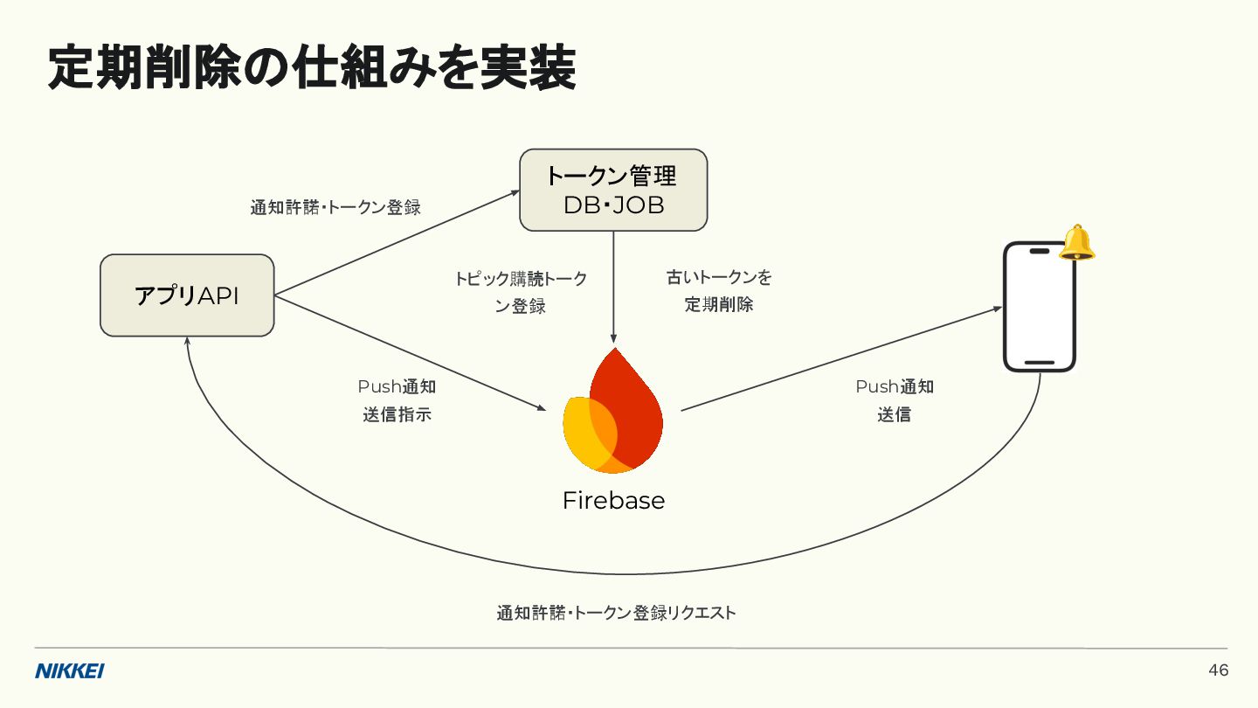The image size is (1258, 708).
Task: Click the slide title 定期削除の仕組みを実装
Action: (312, 67)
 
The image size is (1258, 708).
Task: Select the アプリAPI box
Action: (187, 295)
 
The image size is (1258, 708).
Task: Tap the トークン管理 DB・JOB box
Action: (612, 190)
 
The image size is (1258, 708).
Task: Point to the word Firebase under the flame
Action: (613, 501)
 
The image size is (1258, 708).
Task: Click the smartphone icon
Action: (1039, 307)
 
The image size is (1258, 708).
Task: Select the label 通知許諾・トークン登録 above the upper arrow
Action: (335, 208)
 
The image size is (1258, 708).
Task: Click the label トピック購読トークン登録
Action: (521, 292)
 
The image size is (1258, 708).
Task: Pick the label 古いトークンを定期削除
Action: (719, 291)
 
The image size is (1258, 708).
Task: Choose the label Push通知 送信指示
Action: (397, 400)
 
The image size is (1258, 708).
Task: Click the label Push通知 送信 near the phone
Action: (895, 400)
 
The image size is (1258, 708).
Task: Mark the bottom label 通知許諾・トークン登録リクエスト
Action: (616, 613)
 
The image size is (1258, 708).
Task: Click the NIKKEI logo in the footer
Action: (70, 671)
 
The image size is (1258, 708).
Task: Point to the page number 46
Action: (1218, 670)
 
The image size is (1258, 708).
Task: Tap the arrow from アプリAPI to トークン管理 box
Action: (393, 245)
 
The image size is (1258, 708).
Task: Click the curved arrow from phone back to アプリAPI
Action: (612, 574)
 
